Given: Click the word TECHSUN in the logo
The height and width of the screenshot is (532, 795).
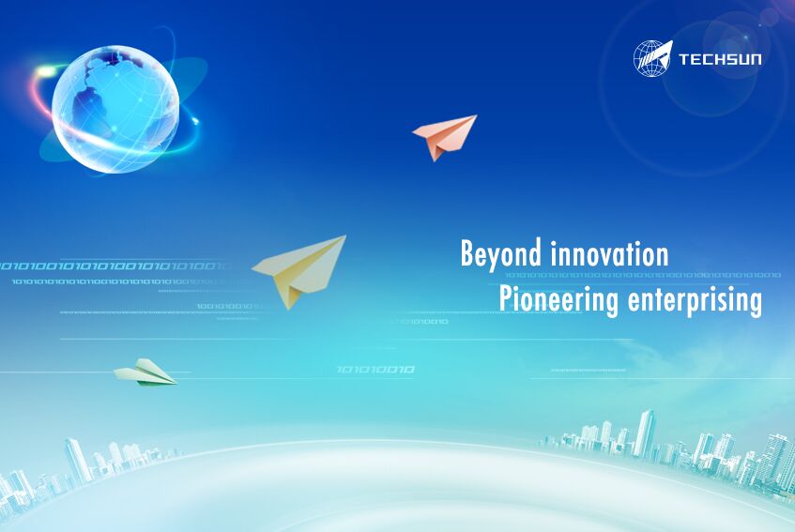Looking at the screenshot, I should pyautogui.click(x=719, y=60).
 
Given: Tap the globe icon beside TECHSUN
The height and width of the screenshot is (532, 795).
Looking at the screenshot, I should pyautogui.click(x=652, y=58).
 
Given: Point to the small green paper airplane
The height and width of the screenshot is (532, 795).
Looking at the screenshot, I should pyautogui.click(x=145, y=372).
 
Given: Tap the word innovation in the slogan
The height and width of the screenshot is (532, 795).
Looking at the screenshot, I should pyautogui.click(x=609, y=253).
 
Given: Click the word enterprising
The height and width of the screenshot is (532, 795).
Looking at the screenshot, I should pyautogui.click(x=695, y=300).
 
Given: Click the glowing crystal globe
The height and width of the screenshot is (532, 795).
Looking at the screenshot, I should pyautogui.click(x=115, y=109).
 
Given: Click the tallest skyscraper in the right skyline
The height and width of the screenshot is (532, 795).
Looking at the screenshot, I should pyautogui.click(x=644, y=433).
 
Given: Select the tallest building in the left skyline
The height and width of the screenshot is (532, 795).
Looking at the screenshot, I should pyautogui.click(x=76, y=459).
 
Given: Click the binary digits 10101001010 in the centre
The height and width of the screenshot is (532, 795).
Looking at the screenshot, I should pyautogui.click(x=375, y=370).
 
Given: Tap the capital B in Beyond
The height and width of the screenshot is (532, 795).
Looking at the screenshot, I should pyautogui.click(x=466, y=253).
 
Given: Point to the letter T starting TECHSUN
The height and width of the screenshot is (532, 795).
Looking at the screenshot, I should pyautogui.click(x=684, y=60).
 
